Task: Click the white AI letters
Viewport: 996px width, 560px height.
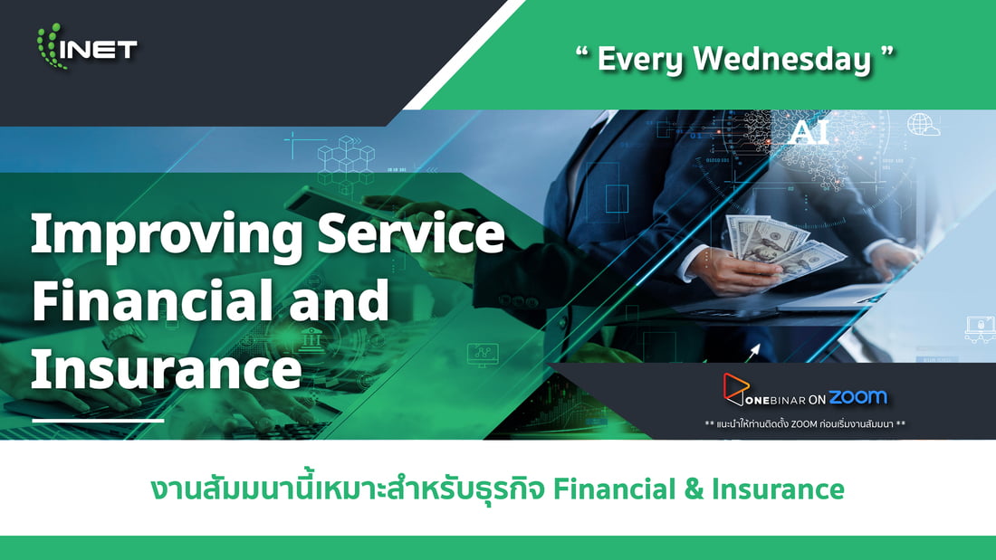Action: point(809,132)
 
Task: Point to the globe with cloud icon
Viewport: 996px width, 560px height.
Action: point(924,124)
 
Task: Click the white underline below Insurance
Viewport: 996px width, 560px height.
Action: point(97,421)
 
